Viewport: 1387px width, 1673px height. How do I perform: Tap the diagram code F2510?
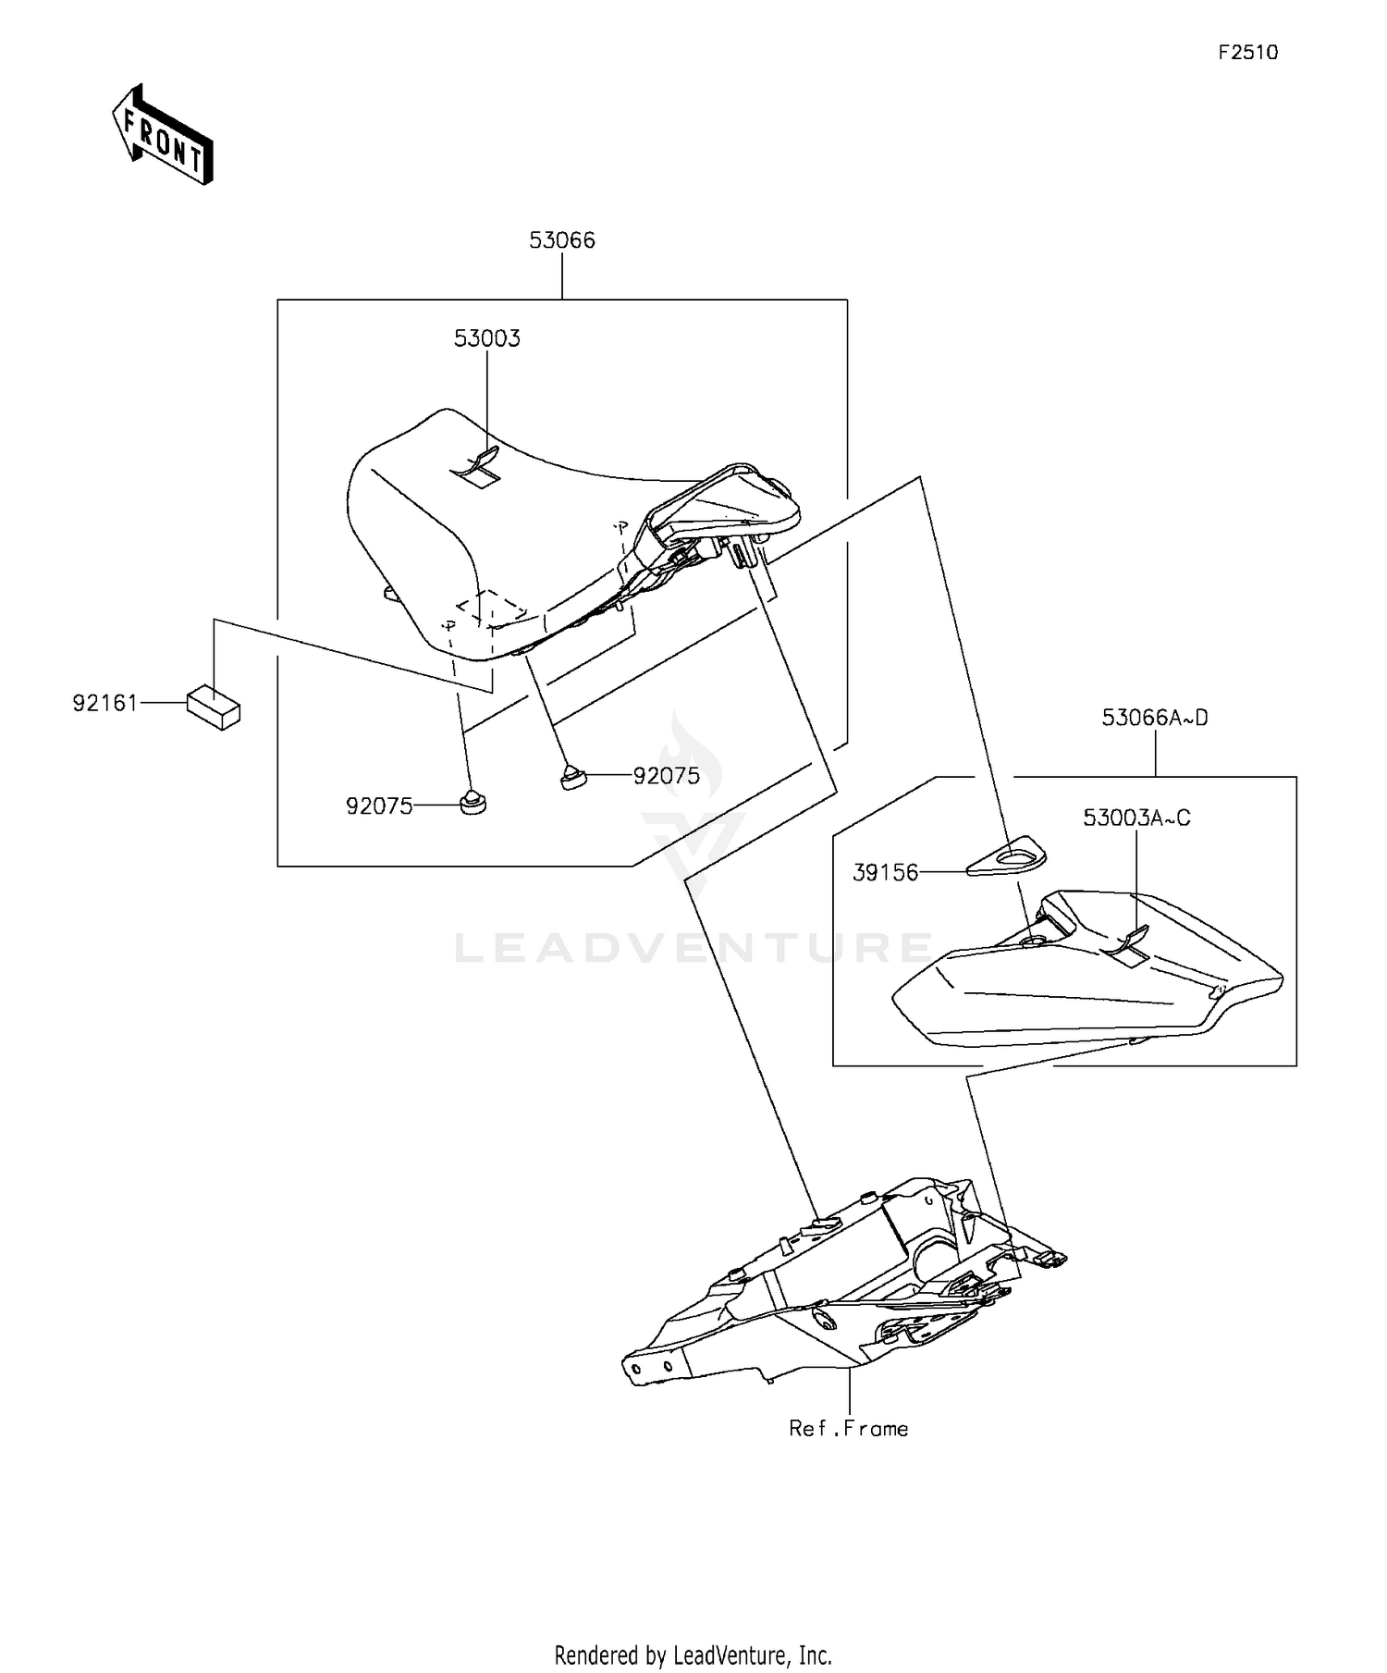[1247, 53]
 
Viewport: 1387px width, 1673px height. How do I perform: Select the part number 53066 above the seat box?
[562, 240]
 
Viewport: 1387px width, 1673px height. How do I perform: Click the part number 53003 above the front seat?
[486, 338]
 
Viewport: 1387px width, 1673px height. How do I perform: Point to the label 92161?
[105, 703]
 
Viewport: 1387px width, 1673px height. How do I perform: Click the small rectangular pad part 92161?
[214, 707]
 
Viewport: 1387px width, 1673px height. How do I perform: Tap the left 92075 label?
[379, 806]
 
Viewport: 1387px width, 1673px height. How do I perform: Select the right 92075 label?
[667, 776]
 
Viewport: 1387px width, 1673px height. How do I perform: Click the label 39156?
[885, 872]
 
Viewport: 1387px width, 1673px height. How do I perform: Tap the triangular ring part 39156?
[1007, 855]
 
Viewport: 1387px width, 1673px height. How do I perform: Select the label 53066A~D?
[1155, 718]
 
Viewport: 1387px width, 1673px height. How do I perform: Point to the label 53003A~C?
[1136, 818]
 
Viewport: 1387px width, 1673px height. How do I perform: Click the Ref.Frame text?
[848, 1429]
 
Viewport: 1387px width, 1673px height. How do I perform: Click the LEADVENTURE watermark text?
[693, 949]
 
